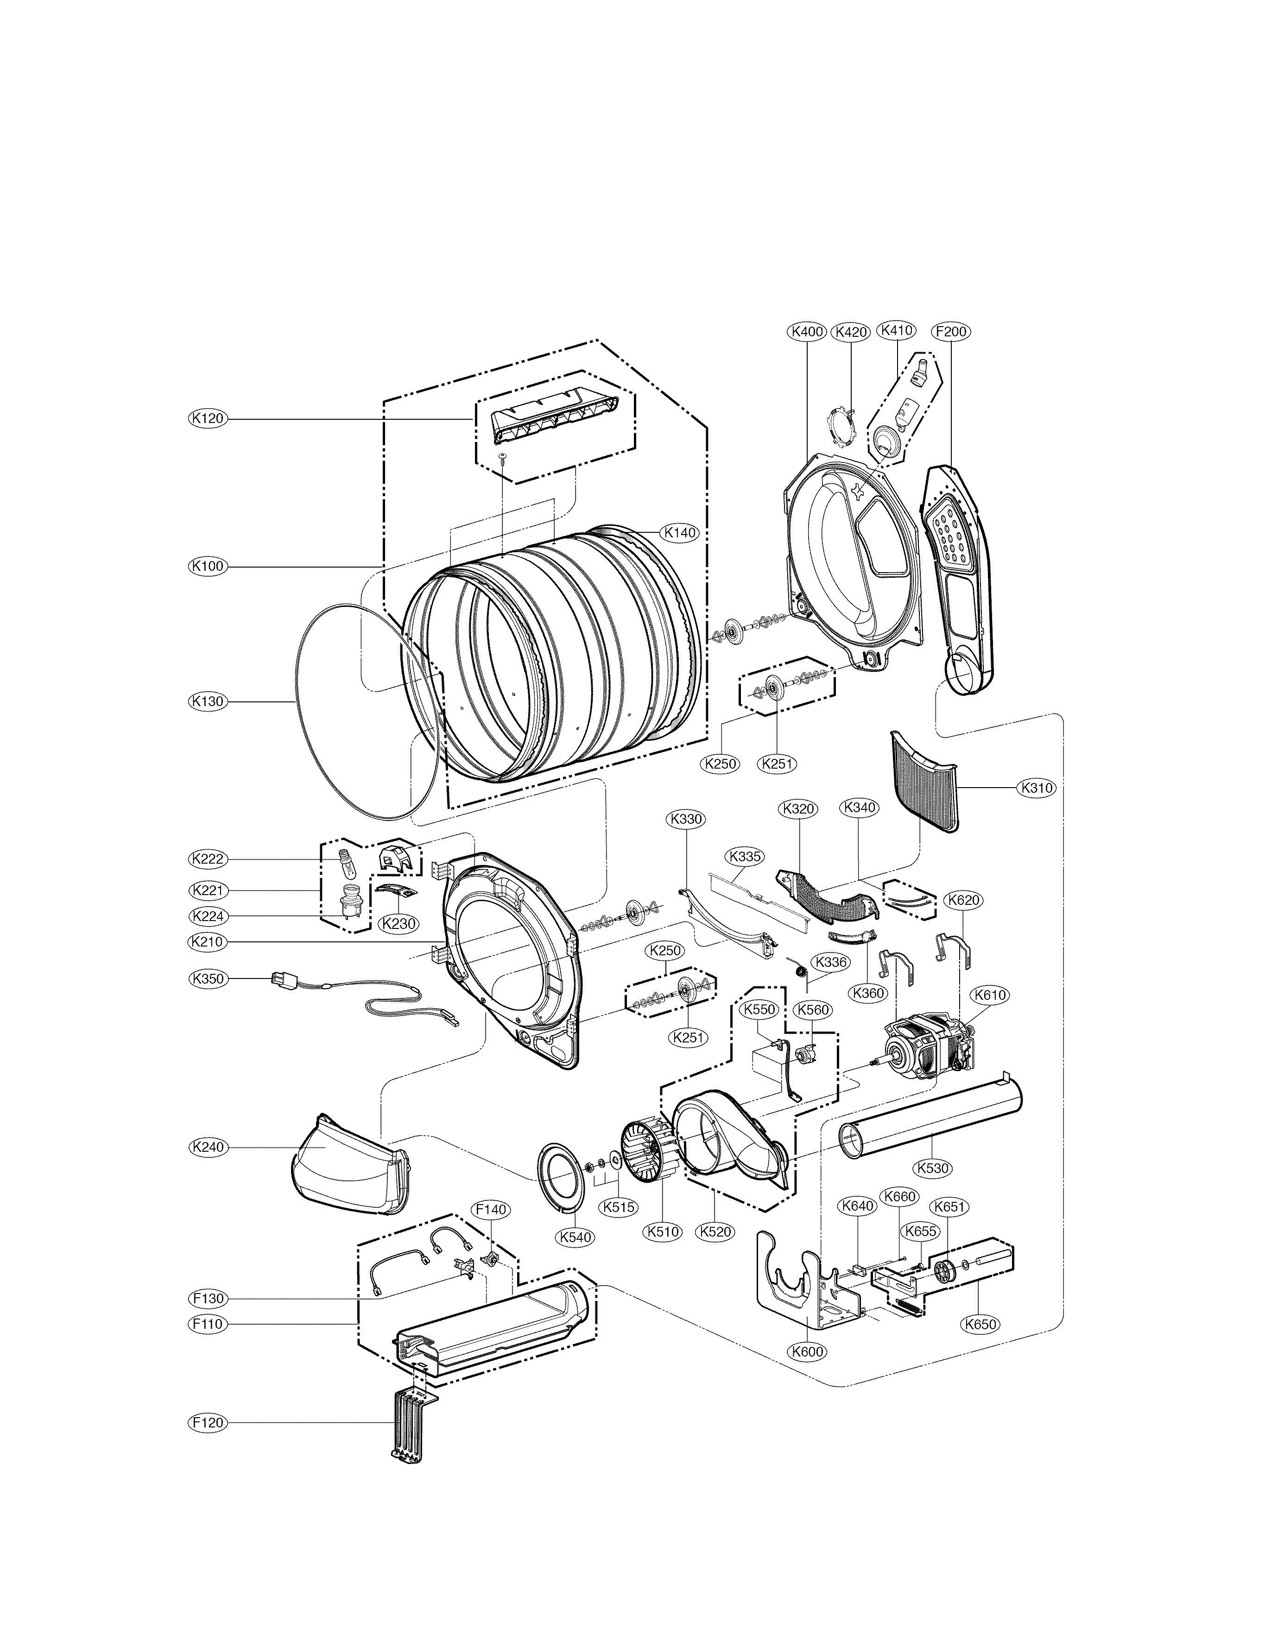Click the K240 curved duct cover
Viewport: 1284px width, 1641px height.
pos(349,1169)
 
